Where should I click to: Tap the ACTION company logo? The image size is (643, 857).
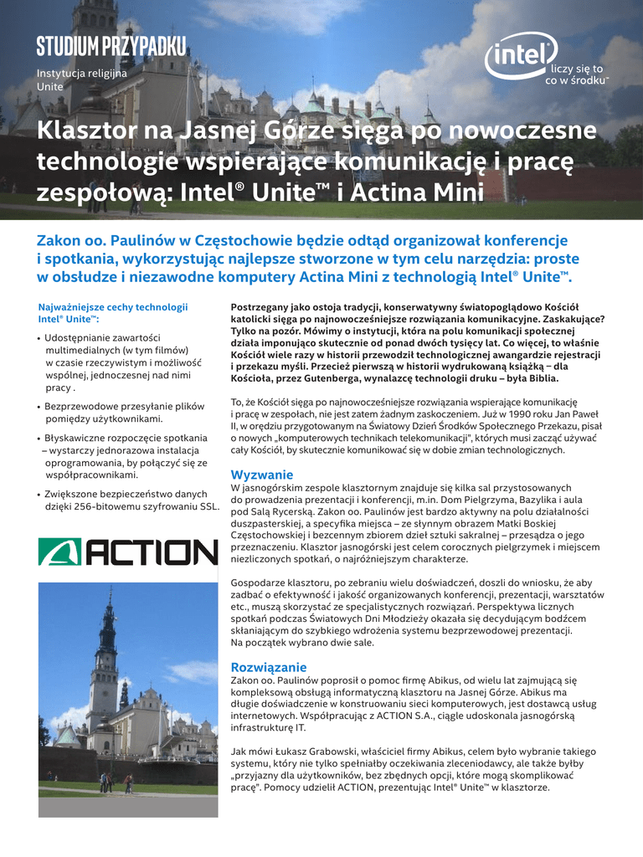(x=128, y=552)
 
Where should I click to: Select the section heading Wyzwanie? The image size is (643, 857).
(x=262, y=475)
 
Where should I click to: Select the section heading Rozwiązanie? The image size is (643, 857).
(x=269, y=667)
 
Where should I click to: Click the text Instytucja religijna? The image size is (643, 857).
(x=81, y=74)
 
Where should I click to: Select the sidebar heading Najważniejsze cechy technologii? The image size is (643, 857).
(x=113, y=307)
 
